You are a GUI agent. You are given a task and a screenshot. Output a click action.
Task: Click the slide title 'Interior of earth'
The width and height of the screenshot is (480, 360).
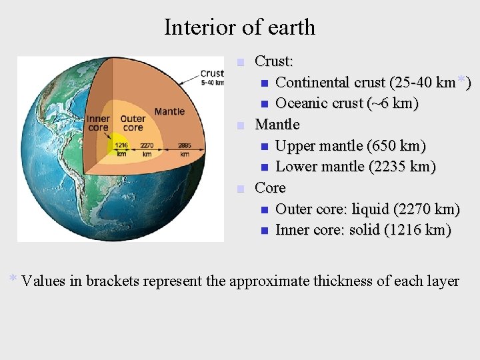(239, 27)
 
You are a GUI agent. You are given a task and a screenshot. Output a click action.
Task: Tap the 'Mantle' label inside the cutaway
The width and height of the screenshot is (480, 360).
(169, 111)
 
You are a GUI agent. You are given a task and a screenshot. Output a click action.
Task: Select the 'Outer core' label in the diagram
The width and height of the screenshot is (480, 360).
(133, 123)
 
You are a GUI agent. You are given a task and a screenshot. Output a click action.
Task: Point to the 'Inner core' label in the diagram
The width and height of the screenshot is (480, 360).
(98, 123)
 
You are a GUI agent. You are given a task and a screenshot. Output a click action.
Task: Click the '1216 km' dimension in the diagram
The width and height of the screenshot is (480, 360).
(121, 148)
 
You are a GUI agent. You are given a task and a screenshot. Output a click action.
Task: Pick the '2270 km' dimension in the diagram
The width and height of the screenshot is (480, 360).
(148, 148)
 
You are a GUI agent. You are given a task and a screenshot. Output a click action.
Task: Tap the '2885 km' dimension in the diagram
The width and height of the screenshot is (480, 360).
(185, 148)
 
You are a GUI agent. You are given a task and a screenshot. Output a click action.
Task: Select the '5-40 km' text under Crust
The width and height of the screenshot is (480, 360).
(212, 83)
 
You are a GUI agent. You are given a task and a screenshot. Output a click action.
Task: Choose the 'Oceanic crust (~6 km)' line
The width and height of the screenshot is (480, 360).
(347, 103)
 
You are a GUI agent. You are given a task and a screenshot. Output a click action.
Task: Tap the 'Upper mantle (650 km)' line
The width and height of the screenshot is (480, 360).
(350, 145)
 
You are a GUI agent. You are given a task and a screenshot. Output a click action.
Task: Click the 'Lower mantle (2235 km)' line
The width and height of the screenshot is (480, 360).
(355, 167)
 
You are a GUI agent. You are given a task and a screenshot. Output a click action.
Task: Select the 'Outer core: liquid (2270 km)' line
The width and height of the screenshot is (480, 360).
(367, 209)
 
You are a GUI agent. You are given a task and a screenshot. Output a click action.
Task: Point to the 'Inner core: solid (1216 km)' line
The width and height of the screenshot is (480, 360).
(363, 230)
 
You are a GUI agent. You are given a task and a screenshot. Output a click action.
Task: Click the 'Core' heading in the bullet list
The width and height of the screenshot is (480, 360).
(270, 187)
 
